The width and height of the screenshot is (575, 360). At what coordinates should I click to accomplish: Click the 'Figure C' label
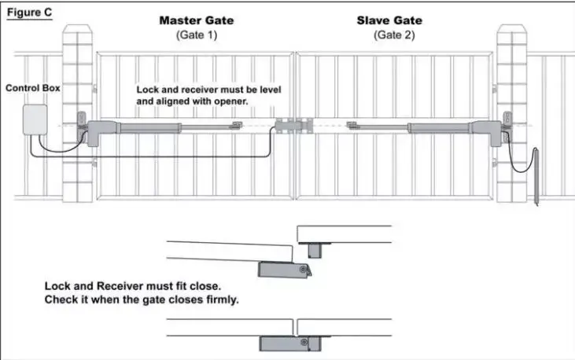[x=28, y=13]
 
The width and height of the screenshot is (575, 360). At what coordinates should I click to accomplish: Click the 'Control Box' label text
[x=32, y=88]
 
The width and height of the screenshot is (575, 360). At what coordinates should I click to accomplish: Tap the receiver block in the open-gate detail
[x=314, y=249]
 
